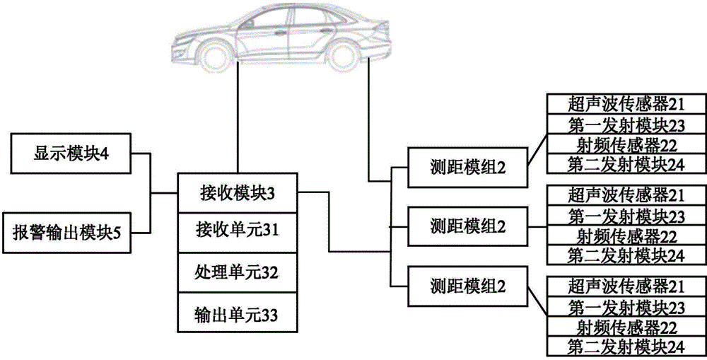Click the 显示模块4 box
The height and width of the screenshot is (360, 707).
(x=70, y=153)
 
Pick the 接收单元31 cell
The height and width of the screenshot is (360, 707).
(x=238, y=233)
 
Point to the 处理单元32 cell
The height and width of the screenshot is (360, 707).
(x=238, y=274)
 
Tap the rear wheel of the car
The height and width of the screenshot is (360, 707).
(x=344, y=56)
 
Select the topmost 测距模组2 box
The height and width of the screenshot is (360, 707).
(x=467, y=168)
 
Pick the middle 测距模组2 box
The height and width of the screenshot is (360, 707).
(x=467, y=226)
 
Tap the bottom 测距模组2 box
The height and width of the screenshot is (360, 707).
(x=467, y=286)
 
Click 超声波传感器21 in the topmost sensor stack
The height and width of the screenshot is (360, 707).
(x=626, y=104)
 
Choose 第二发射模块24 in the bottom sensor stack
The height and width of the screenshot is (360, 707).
(x=626, y=347)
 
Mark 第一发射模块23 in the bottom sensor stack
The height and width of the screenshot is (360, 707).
(x=626, y=307)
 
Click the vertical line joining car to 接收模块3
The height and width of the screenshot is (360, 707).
(x=238, y=119)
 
